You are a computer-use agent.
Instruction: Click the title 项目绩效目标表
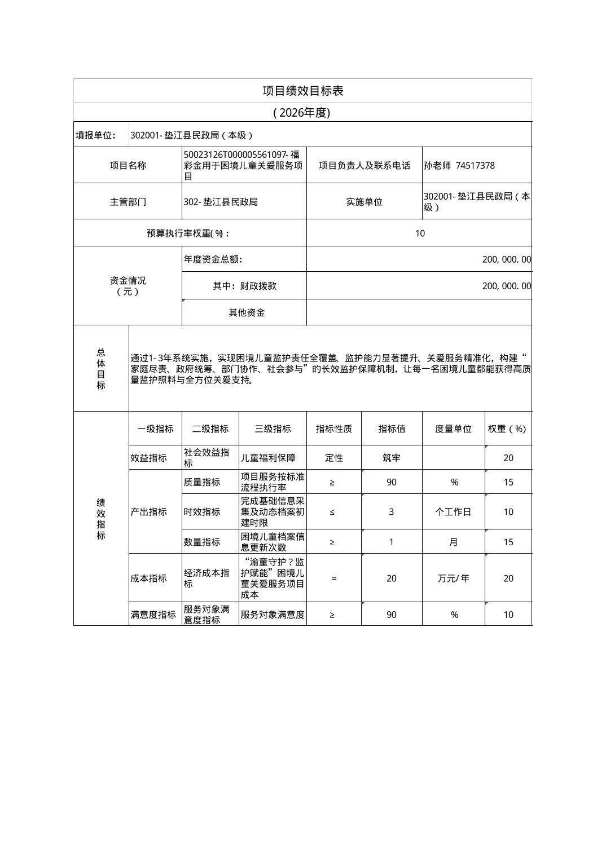pos(302,91)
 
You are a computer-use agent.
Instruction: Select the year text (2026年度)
pos(301,113)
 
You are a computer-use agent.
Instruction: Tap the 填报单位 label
pos(95,135)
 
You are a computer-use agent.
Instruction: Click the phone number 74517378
pos(475,165)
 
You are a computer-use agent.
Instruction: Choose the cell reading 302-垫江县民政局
pos(221,202)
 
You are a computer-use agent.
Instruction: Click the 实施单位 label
pos(364,202)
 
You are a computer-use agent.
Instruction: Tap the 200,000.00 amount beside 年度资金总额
pos(506,259)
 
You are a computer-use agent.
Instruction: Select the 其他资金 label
pos(247,312)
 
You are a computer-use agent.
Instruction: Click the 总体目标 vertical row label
pos(101,369)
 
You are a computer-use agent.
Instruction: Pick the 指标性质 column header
pos(334,428)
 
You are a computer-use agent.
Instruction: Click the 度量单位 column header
pos(453,428)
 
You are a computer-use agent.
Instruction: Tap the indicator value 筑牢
pos(392,458)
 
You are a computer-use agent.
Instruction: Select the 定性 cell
pos(334,458)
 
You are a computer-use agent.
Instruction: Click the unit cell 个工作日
pos(453,512)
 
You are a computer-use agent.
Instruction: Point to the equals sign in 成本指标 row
pos(334,578)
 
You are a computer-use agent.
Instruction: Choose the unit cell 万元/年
pos(453,578)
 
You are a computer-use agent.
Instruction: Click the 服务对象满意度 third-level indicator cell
pos(273,615)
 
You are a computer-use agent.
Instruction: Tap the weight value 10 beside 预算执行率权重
pos(420,233)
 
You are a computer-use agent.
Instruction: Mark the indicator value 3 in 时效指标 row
pos(392,512)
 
